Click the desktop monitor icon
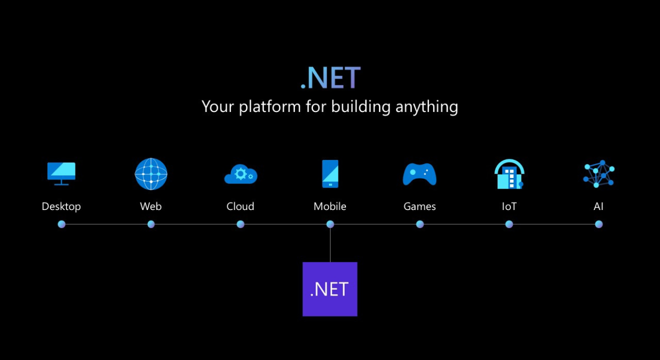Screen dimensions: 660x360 click(x=61, y=174)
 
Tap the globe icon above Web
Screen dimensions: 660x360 click(x=151, y=174)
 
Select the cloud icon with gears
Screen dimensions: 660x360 click(x=240, y=174)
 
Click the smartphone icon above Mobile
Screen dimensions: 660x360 click(x=330, y=174)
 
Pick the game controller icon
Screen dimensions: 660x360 click(x=419, y=174)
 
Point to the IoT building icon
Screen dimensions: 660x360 click(x=509, y=174)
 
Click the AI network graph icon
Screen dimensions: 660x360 click(x=598, y=174)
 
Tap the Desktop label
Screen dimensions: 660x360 click(x=61, y=206)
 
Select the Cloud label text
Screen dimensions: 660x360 click(x=240, y=206)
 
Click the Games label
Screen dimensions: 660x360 click(x=419, y=206)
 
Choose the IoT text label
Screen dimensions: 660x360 click(x=509, y=206)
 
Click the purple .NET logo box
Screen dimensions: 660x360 click(x=330, y=289)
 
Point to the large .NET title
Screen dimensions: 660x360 click(x=330, y=77)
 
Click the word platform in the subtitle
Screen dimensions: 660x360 click(x=270, y=106)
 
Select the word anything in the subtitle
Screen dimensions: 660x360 click(x=426, y=106)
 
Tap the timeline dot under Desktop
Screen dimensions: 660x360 click(x=61, y=224)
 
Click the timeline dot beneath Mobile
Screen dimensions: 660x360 click(x=330, y=224)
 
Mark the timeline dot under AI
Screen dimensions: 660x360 click(x=598, y=224)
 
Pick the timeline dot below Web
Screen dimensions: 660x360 click(x=151, y=224)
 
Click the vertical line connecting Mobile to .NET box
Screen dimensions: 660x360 click(x=330, y=245)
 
